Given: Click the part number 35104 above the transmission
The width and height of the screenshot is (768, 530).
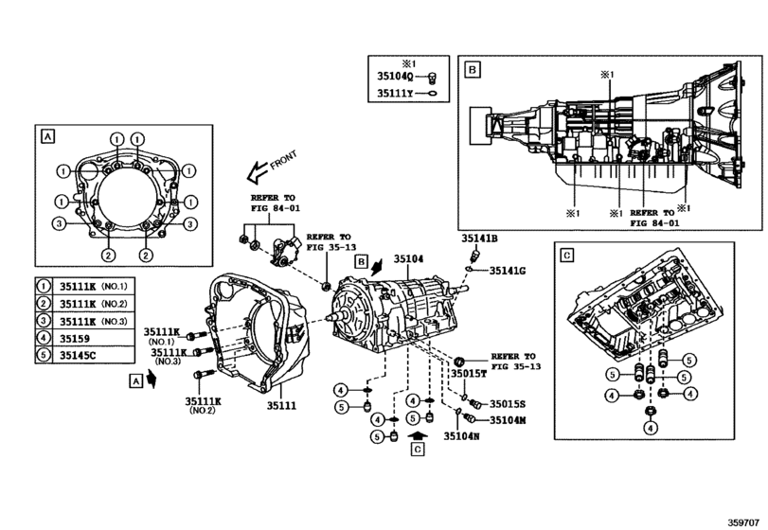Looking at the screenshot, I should [410, 257].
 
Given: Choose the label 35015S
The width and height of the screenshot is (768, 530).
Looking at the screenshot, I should [508, 403].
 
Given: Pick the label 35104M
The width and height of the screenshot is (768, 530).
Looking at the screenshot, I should [508, 419].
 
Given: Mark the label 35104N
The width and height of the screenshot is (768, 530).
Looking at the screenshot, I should [462, 436].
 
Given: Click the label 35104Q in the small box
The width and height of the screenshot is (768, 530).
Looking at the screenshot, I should [396, 78].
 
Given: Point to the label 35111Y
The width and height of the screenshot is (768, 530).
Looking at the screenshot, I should [396, 94].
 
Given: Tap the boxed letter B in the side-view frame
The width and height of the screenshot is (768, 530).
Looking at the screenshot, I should [471, 69].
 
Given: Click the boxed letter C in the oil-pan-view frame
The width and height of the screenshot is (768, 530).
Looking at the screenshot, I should [566, 255].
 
